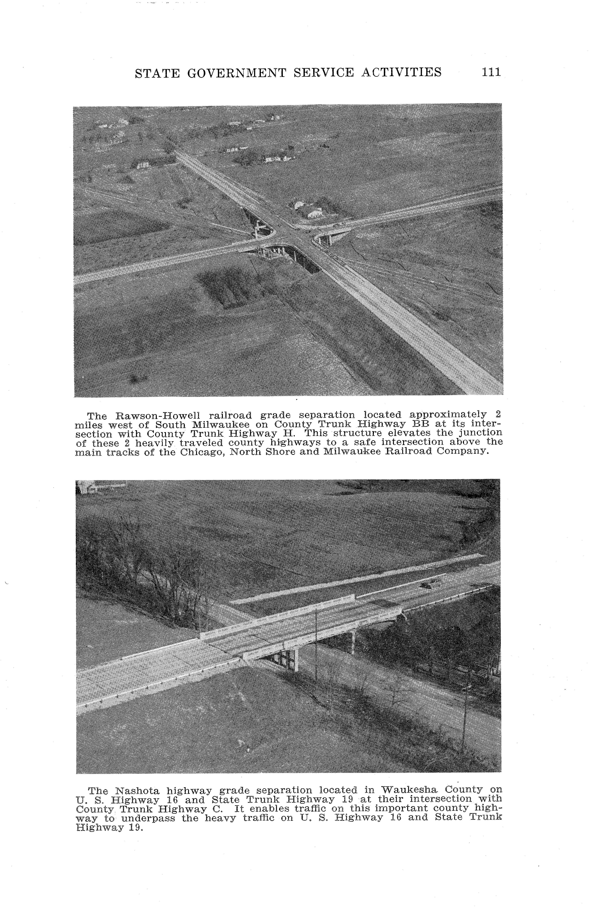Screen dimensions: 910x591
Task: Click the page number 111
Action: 491,72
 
